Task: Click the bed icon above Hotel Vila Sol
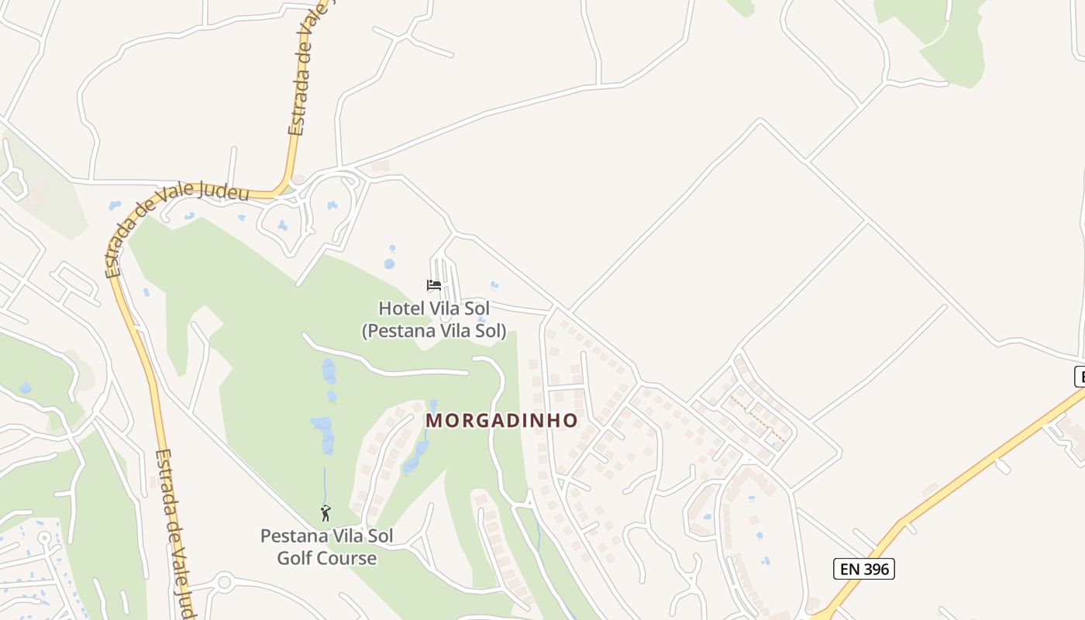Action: [434, 285]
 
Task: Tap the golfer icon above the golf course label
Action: [325, 513]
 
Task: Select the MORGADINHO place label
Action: [502, 421]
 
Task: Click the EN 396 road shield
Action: [864, 569]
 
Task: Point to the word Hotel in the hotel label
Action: [402, 308]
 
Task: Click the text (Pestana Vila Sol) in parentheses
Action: [434, 332]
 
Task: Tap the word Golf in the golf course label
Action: [294, 558]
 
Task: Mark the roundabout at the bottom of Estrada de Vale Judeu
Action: [224, 582]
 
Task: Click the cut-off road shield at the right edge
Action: [1079, 377]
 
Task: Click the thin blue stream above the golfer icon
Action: [325, 484]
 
